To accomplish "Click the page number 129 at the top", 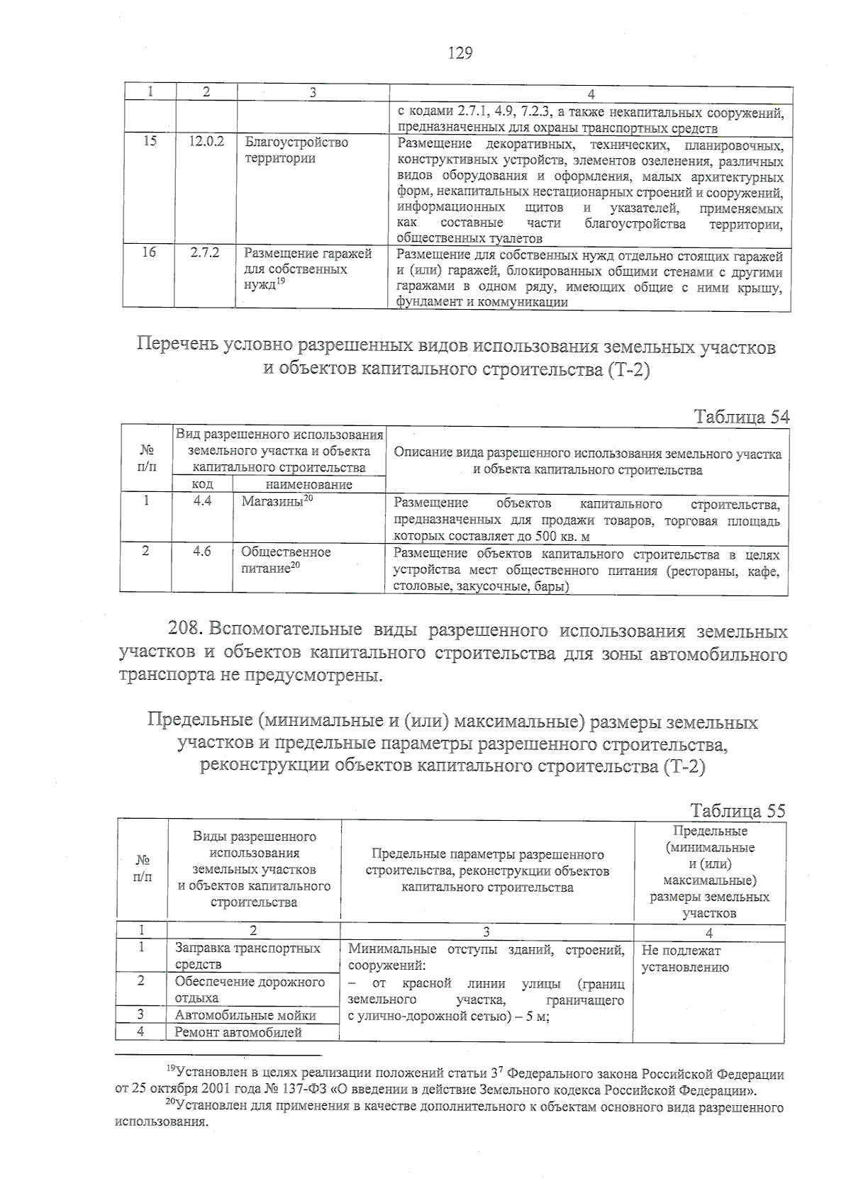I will click(460, 53).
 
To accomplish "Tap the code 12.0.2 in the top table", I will click(206, 142).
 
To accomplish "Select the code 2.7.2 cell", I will click(205, 253).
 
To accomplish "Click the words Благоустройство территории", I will click(296, 150).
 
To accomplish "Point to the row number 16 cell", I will click(149, 252).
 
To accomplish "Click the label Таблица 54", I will click(741, 416).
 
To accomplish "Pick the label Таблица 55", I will click(738, 811).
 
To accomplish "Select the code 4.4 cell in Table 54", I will click(202, 502).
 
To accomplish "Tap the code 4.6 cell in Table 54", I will click(202, 552).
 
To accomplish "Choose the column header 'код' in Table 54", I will click(203, 485).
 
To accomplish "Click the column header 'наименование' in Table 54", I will click(308, 485).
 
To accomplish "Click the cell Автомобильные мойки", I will click(245, 1015).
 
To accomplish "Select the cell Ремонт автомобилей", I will click(238, 1032).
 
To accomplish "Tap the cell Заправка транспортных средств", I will click(247, 956).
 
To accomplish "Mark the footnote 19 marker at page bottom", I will click(169, 1068).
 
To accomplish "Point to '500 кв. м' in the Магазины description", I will click(562, 537).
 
